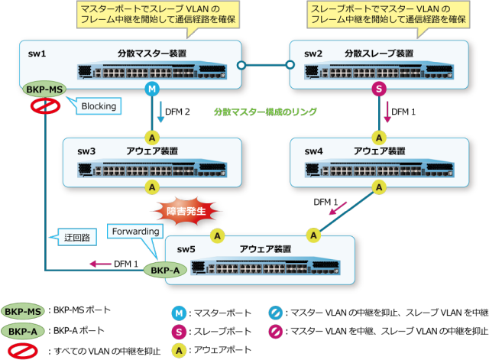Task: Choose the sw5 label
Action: tap(186, 249)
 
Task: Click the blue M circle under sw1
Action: tap(151, 90)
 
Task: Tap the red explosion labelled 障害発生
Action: tap(188, 209)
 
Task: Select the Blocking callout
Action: tap(98, 107)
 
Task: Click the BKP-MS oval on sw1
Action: tap(44, 89)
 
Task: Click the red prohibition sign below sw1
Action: tap(45, 106)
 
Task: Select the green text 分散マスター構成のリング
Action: tap(265, 112)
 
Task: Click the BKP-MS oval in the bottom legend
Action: tap(23, 312)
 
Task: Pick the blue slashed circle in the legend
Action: tap(275, 313)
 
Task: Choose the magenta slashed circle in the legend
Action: tap(275, 332)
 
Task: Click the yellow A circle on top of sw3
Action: tap(151, 138)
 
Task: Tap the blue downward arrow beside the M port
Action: tap(161, 112)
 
